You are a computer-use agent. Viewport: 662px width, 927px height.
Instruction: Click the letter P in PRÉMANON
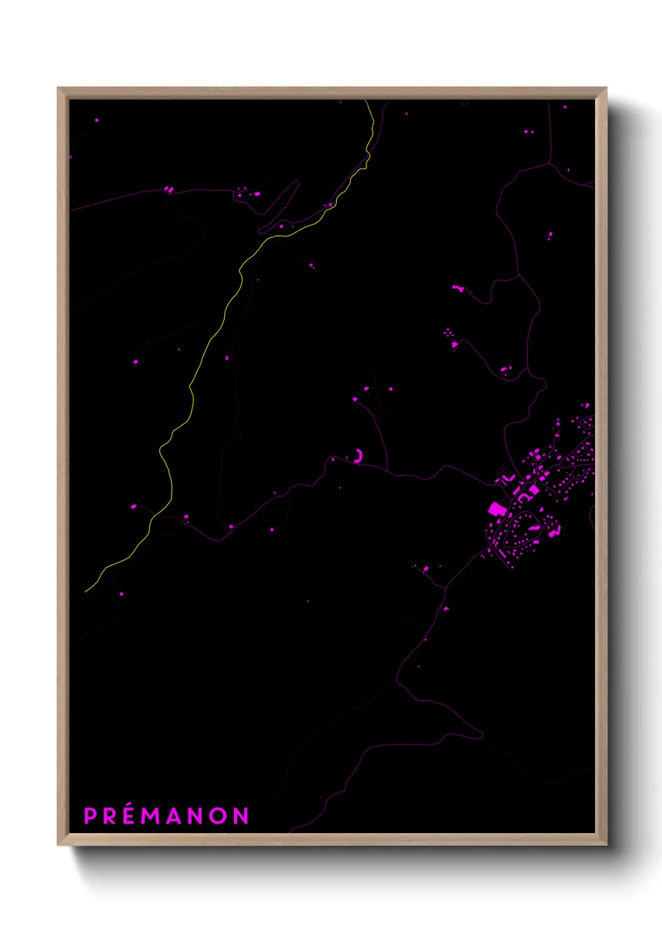[x=91, y=816]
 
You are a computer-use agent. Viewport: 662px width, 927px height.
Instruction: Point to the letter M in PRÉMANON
[x=151, y=816]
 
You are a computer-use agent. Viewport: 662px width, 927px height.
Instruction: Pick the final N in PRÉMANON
[x=241, y=816]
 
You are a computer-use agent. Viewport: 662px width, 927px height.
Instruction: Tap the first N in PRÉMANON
[x=196, y=816]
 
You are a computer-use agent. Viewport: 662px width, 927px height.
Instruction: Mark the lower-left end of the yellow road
[x=86, y=591]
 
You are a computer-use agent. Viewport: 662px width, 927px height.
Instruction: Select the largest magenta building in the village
[x=496, y=508]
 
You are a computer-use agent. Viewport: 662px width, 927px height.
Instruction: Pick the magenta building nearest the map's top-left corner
[x=96, y=120]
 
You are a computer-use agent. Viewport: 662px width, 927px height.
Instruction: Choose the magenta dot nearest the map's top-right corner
[x=565, y=107]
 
